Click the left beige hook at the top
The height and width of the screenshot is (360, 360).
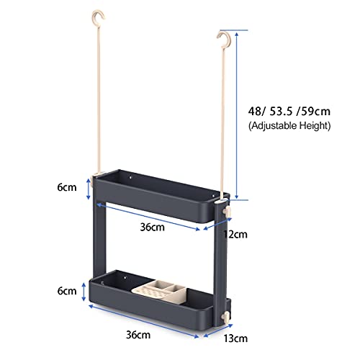pos(96,16)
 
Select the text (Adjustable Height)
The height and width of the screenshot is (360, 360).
pos(289,125)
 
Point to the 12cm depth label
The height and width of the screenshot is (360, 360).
pos(235,234)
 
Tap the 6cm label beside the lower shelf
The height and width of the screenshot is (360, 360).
pos(68,291)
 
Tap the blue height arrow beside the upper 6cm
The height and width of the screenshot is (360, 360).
pos(88,189)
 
